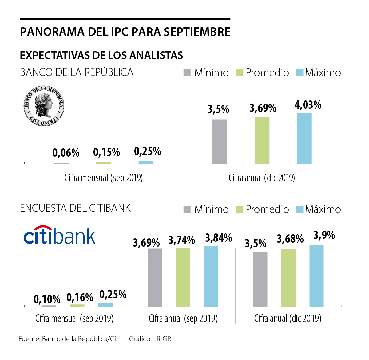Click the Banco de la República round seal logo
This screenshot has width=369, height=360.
tap(44, 106)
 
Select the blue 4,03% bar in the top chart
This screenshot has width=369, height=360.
tap(304, 138)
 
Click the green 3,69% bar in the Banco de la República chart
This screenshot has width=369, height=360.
tap(262, 140)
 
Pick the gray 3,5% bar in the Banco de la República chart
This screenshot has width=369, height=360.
tap(220, 142)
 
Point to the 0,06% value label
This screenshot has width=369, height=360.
tap(66, 153)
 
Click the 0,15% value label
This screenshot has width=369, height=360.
tap(107, 152)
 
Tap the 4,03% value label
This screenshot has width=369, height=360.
tap(308, 105)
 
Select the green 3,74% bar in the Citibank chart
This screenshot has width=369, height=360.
tap(183, 277)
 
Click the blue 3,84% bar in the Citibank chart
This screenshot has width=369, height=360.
tap(211, 276)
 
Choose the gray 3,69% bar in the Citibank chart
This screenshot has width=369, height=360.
tap(155, 278)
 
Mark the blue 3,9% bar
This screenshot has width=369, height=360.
tap(316, 276)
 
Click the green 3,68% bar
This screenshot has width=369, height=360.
tap(288, 278)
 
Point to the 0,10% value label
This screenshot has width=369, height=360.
tap(47, 299)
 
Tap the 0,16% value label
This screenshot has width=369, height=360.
tap(80, 297)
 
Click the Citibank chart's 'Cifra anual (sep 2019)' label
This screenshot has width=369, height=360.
tap(183, 318)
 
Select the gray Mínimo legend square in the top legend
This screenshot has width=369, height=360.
tap(187, 73)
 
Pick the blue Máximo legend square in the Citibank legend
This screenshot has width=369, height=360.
tap(300, 209)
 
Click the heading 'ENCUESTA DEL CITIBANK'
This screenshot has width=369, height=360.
tap(75, 208)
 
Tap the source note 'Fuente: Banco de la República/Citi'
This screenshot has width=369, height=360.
tap(69, 339)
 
